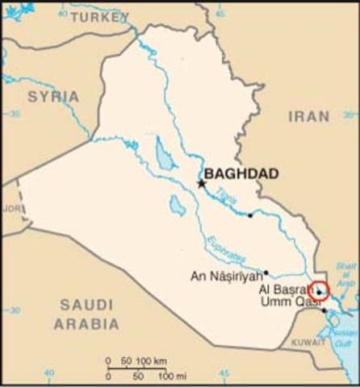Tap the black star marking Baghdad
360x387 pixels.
202,184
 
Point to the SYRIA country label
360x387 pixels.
53,96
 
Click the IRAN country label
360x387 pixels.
308,117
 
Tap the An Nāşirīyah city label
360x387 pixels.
225,276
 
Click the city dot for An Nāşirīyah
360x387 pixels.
266,273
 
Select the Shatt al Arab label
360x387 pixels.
346,274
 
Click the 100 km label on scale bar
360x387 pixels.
152,360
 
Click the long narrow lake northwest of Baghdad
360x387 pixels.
164,154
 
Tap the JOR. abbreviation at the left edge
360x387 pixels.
10,207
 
